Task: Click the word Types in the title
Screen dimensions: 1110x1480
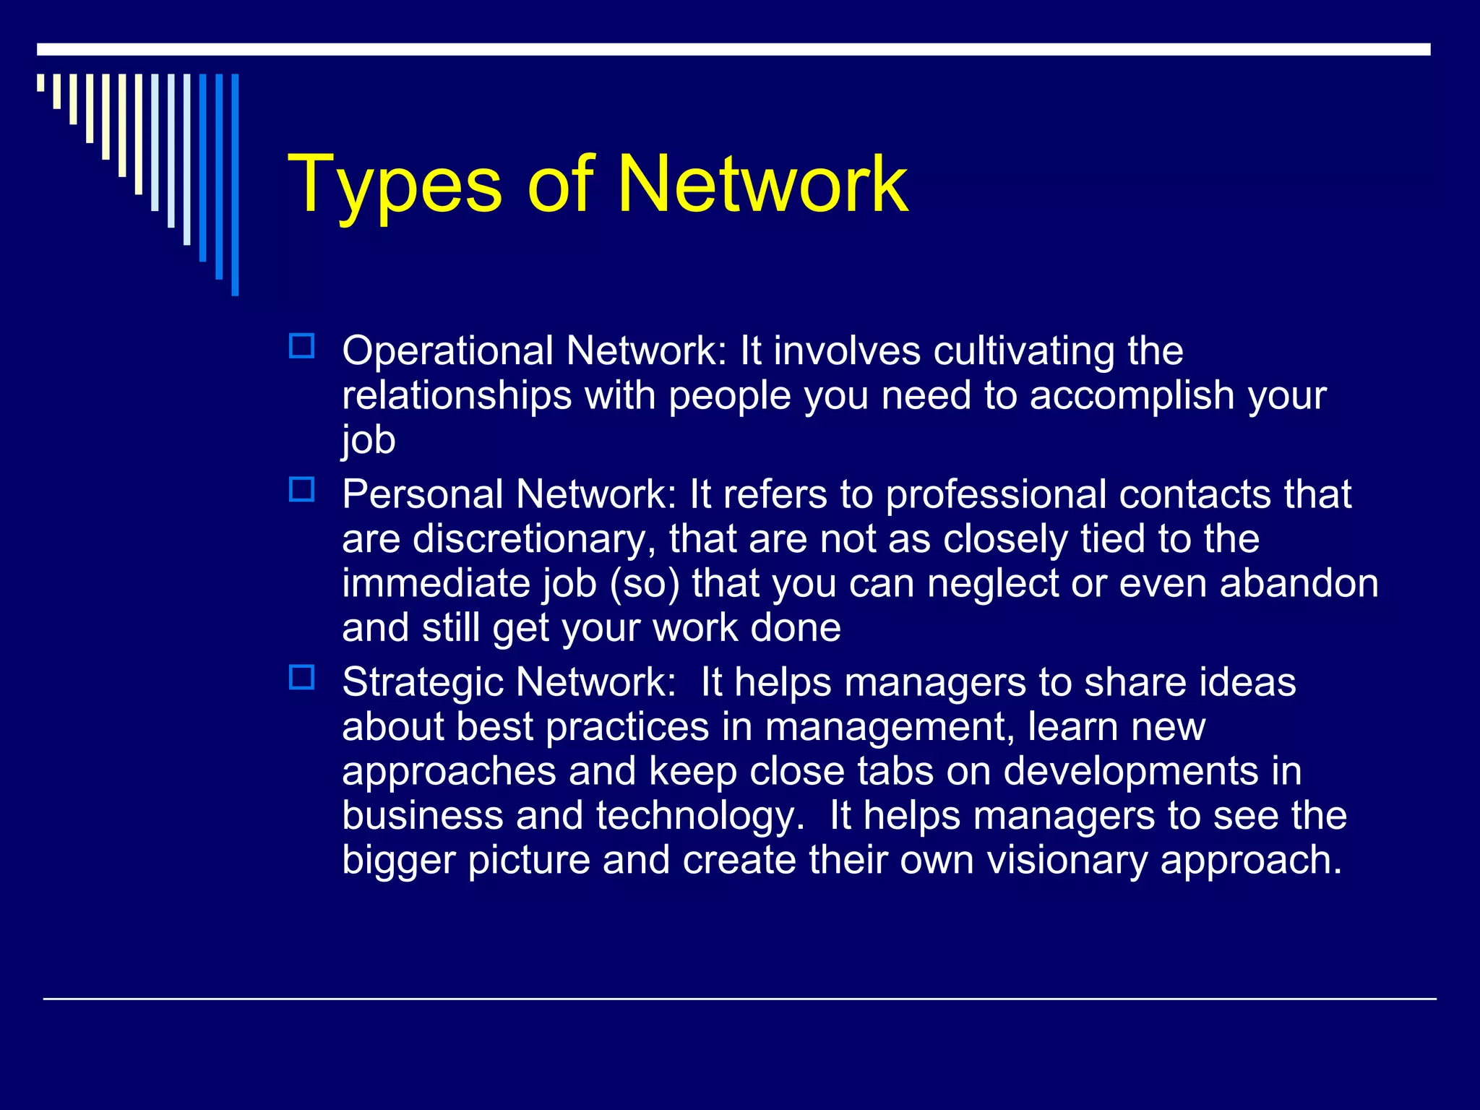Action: (x=395, y=186)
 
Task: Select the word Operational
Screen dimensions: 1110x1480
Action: (x=448, y=351)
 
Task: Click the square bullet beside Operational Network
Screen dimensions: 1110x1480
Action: (x=301, y=346)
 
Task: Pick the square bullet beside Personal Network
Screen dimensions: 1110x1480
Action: (x=301, y=490)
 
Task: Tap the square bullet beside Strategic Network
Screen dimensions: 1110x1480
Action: (x=301, y=677)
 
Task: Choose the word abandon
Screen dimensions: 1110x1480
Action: (x=1299, y=584)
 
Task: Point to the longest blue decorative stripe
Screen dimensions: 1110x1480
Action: (x=235, y=184)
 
